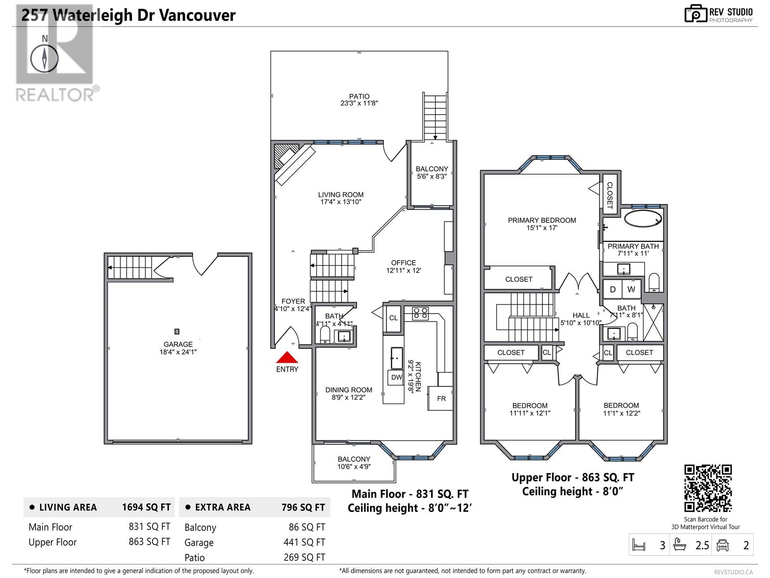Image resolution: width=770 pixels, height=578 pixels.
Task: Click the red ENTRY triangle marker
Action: pyautogui.click(x=287, y=357)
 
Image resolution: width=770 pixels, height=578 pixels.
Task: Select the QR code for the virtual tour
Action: pyautogui.click(x=708, y=488)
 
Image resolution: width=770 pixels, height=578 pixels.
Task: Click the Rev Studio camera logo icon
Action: pyautogui.click(x=695, y=14)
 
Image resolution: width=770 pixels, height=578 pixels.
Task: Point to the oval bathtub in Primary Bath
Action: pyautogui.click(x=643, y=218)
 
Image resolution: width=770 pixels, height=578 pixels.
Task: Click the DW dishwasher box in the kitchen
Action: pyautogui.click(x=397, y=377)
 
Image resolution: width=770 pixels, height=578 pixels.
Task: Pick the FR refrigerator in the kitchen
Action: pyautogui.click(x=441, y=398)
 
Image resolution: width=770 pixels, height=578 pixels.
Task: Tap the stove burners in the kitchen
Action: pyautogui.click(x=420, y=313)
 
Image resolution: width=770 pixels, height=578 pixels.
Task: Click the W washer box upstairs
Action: pyautogui.click(x=631, y=289)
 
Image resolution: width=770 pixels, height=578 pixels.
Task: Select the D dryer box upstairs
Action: pyautogui.click(x=613, y=289)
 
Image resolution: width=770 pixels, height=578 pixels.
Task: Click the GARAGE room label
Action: pyautogui.click(x=178, y=344)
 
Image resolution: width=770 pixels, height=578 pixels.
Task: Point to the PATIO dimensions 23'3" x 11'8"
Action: pyautogui.click(x=359, y=103)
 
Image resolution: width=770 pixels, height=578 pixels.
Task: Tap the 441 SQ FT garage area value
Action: pyautogui.click(x=304, y=542)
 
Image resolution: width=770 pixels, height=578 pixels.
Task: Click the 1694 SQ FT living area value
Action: pyautogui.click(x=146, y=507)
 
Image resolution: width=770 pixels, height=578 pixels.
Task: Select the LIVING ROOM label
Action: pyautogui.click(x=341, y=195)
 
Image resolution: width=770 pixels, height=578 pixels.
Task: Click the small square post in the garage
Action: pyautogui.click(x=177, y=331)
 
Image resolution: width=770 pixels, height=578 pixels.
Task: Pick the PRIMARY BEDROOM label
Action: pyautogui.click(x=541, y=220)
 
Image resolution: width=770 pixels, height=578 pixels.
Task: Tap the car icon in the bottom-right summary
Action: pyautogui.click(x=722, y=545)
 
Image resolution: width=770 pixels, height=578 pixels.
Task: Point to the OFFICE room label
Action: pyautogui.click(x=403, y=263)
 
